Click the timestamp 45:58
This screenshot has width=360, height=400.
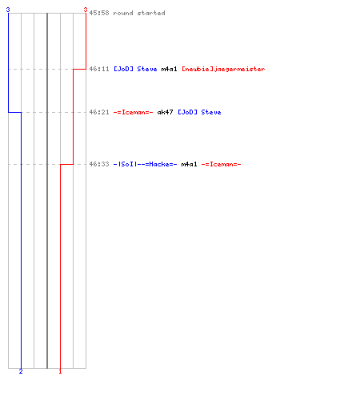(99, 13)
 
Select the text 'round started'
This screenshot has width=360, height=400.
(139, 13)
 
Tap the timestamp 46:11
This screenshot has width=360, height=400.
(99, 69)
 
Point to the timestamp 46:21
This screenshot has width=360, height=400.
(99, 112)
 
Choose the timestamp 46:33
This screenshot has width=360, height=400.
(99, 164)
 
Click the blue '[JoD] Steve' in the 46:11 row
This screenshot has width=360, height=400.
(135, 69)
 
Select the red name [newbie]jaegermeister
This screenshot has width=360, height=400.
(223, 70)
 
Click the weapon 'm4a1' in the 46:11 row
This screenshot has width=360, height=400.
(170, 69)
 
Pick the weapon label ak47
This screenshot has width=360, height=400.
(166, 112)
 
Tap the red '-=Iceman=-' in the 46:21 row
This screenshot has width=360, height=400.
(134, 112)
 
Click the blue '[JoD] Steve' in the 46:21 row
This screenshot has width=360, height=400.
(199, 112)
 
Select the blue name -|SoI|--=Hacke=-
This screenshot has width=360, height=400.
(145, 164)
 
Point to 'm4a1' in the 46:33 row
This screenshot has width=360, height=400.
(190, 164)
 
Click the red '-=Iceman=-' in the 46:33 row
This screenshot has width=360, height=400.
(222, 164)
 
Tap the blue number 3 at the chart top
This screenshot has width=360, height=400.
(8, 10)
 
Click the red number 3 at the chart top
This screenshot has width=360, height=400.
(86, 10)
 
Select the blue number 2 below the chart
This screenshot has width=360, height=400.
(21, 371)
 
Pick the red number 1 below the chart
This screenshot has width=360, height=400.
(60, 371)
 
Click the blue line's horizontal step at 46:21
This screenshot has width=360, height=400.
(14, 112)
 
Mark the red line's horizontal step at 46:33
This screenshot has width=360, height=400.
(67, 164)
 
